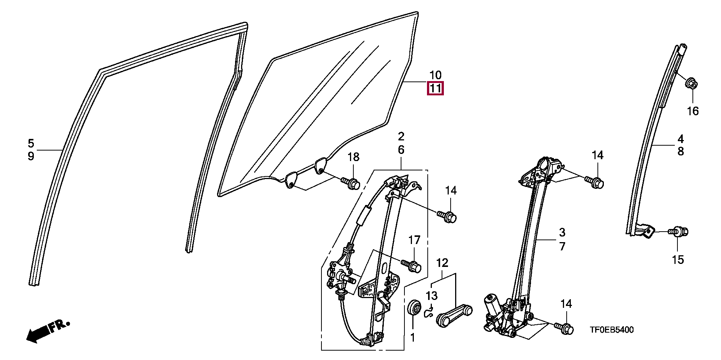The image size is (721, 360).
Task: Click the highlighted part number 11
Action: coord(435,89)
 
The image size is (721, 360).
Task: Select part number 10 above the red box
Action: coord(435,75)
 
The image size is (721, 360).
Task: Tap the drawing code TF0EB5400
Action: coord(611,330)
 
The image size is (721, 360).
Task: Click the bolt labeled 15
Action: coord(680,231)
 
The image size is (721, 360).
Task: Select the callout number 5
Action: coord(31,143)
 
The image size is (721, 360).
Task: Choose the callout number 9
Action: coord(31,156)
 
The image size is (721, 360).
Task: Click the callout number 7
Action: coord(562,246)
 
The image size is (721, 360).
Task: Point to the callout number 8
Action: coord(680,152)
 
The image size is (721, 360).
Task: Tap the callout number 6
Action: coord(401,150)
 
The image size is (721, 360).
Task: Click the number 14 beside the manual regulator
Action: coord(451,191)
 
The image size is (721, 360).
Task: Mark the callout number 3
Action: coord(562,232)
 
